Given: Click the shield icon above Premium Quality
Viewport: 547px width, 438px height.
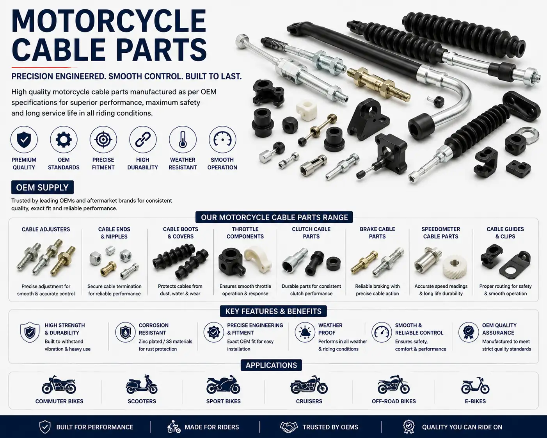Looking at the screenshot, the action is click(24, 139).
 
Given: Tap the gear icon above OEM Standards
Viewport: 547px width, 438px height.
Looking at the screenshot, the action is click(64, 139).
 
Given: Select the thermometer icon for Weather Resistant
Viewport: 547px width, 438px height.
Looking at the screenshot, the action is click(183, 139).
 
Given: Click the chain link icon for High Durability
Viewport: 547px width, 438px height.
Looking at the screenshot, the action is click(142, 139).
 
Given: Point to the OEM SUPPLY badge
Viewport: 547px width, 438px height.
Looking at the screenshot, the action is click(43, 187).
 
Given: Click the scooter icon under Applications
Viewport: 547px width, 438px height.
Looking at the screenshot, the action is click(142, 384).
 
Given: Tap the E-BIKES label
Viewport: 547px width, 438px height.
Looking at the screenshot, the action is click(475, 401).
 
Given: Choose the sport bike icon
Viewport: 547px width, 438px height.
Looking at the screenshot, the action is click(223, 384).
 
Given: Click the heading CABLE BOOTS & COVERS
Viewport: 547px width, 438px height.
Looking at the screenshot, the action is click(181, 233).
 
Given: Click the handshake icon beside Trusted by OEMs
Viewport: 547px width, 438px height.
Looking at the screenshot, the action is click(288, 427).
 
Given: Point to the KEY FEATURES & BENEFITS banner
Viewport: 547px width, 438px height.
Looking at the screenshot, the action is click(273, 312).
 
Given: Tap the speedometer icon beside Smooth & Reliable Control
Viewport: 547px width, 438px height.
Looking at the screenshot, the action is click(382, 332).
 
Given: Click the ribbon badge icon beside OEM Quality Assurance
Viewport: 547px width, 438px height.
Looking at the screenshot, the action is click(469, 333).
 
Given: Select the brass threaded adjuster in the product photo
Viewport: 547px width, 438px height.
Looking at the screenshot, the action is click(379, 84).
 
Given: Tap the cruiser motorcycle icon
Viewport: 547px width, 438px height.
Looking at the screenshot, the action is click(309, 384).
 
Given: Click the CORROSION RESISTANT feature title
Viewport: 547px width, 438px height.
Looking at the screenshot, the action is click(153, 329).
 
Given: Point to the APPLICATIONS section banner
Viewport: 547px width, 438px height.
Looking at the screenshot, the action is click(271, 365).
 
